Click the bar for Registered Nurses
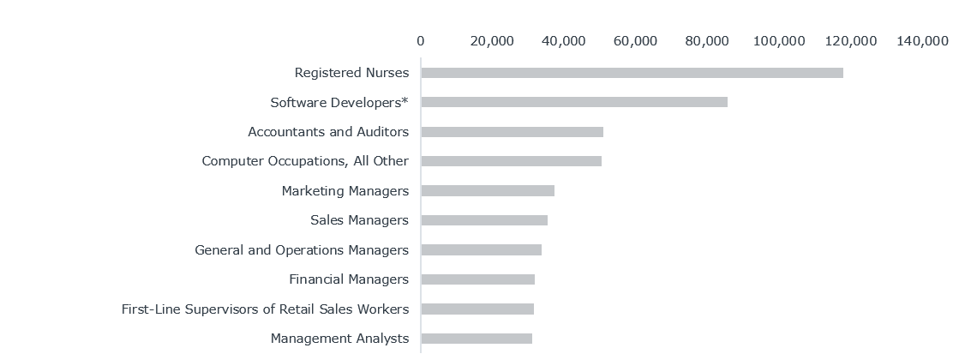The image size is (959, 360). click(632, 73)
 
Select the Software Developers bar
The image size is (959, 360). click(574, 102)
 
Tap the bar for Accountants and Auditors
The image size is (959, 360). click(512, 132)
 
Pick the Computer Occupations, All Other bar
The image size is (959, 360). click(511, 161)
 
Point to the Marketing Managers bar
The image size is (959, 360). click(488, 190)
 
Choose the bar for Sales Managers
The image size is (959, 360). click(484, 220)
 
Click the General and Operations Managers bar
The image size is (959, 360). click(481, 249)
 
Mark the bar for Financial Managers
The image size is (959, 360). click(477, 279)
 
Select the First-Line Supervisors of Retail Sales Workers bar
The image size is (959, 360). click(477, 309)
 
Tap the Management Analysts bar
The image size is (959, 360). click(477, 339)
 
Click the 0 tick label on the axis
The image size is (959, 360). click(420, 40)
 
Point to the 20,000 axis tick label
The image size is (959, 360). click(492, 40)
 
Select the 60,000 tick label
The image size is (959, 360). click(636, 40)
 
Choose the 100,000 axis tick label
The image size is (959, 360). click(779, 40)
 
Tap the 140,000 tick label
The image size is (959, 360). click(922, 40)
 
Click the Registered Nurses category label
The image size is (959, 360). click(351, 73)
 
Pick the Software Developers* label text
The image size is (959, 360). click(339, 103)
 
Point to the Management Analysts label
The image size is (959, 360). click(339, 339)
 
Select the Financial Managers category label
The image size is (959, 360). click(349, 279)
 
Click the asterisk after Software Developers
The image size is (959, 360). click(405, 101)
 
